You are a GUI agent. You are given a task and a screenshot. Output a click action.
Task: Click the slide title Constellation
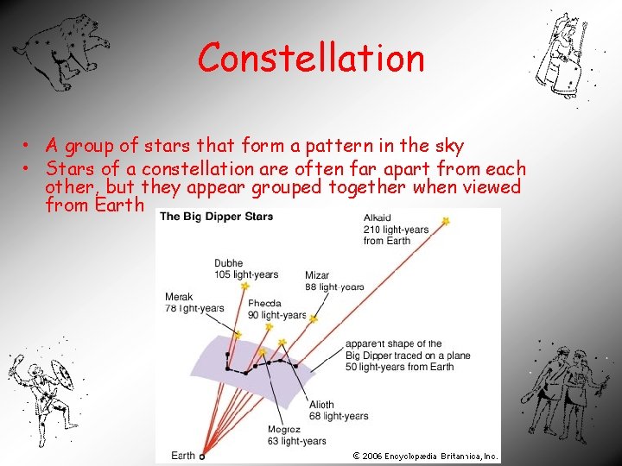[311, 58]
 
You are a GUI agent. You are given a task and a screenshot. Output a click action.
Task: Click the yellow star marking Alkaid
[446, 222]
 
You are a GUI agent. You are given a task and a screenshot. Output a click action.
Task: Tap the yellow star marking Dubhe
[245, 286]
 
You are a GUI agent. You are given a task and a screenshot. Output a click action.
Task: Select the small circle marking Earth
[201, 456]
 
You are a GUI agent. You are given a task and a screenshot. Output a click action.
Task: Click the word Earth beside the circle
[182, 455]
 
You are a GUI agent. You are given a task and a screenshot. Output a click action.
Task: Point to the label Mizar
[317, 276]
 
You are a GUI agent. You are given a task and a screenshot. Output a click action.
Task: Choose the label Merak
[179, 298]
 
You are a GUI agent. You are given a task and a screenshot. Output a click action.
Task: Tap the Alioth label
[321, 405]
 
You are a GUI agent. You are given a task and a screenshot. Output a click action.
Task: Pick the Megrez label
[283, 429]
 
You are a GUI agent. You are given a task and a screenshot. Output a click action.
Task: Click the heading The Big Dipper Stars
[216, 216]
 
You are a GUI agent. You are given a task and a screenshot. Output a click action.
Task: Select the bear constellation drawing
[67, 49]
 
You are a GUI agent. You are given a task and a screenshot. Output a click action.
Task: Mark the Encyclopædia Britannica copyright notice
[425, 456]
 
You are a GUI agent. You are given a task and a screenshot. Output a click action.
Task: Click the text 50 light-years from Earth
[399, 367]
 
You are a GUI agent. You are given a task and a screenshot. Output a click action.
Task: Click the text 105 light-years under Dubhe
[247, 274]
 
